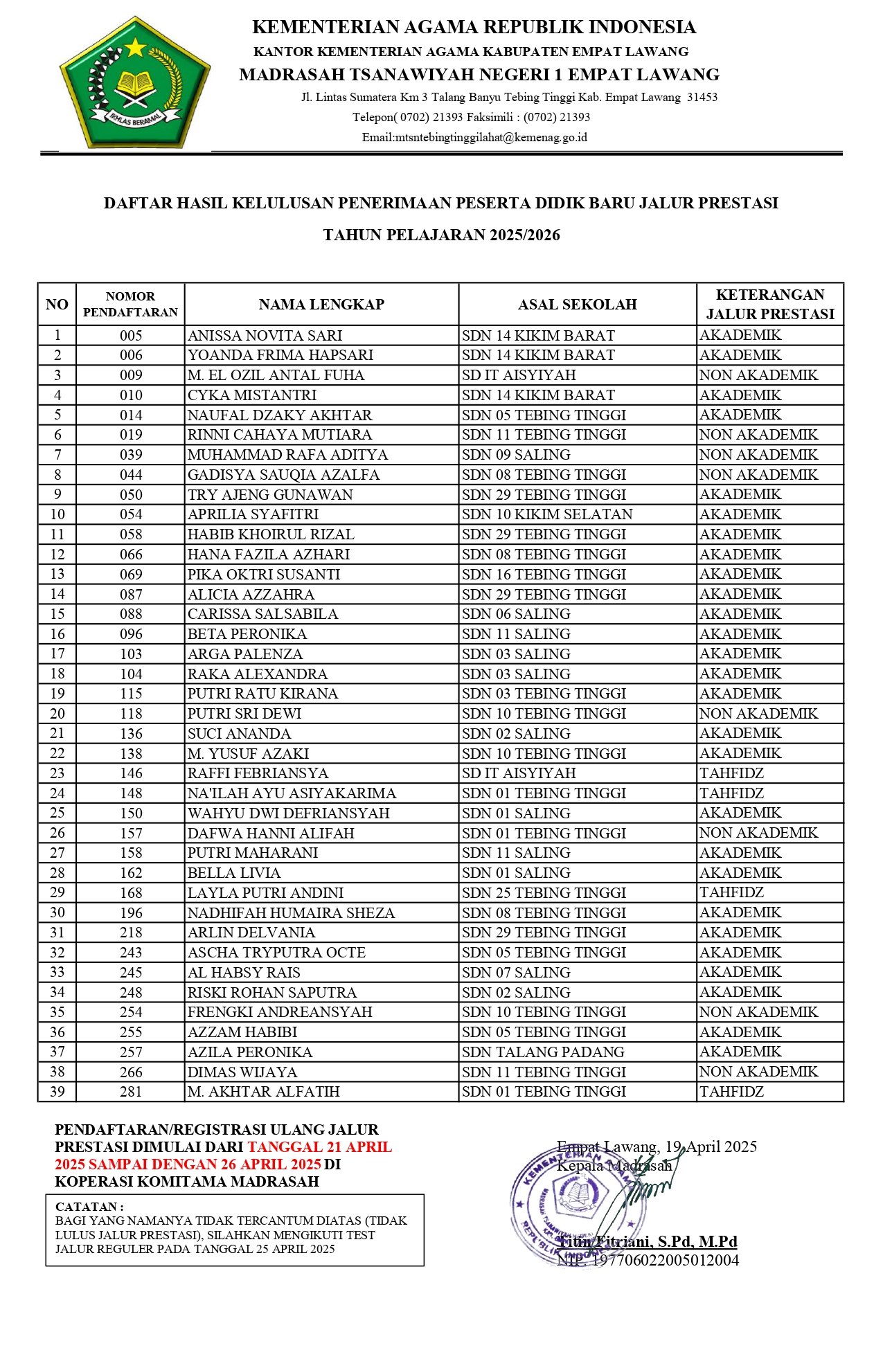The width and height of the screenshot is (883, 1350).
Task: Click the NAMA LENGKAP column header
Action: [321, 305]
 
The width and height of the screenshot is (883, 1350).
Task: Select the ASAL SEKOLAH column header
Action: [577, 305]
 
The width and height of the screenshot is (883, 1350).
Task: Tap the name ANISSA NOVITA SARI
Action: [265, 336]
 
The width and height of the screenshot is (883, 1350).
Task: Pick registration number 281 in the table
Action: [131, 1092]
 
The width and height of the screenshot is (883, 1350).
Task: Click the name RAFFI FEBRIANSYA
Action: [258, 773]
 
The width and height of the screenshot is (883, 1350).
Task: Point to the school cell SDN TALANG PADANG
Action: [543, 1052]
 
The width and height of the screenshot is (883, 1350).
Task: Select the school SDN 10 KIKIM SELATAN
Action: [547, 514]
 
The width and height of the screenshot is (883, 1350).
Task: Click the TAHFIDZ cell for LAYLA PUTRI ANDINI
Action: [731, 893]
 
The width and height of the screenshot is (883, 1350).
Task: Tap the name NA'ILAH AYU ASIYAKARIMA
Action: [292, 793]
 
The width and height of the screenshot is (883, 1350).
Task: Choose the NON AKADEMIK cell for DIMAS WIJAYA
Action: [758, 1072]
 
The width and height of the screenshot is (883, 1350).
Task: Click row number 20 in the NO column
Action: [57, 714]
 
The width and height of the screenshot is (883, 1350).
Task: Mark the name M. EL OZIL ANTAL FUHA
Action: [276, 375]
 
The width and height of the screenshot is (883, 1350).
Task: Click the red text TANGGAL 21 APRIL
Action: [319, 1147]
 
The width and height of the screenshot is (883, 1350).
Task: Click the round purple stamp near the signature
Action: [576, 1203]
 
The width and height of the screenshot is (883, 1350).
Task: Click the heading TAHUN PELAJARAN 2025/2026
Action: [441, 235]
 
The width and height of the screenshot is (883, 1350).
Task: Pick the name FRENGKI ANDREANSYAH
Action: [280, 1012]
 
